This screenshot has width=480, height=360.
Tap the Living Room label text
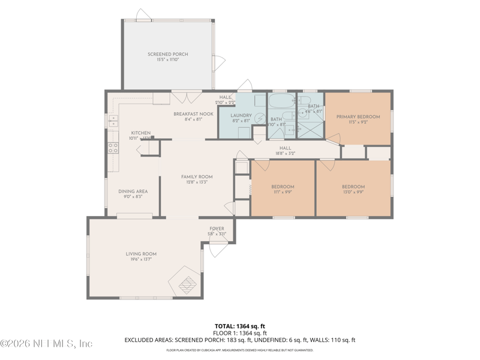click(x=141, y=254)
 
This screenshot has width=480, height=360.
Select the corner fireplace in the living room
click(x=187, y=281)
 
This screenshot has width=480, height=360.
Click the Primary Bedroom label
click(x=358, y=116)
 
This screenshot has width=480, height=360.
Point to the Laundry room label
click(x=241, y=115)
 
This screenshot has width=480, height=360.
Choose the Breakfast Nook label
click(x=193, y=113)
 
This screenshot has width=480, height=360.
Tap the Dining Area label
click(x=133, y=191)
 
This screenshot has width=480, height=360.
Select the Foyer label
click(x=217, y=229)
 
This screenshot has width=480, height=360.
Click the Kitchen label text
click(x=141, y=133)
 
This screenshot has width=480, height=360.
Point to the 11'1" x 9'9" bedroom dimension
click(x=282, y=192)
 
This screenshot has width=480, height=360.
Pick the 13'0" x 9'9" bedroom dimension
click(x=353, y=192)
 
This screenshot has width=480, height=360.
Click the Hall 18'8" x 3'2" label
click(x=285, y=154)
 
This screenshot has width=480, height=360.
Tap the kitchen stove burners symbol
click(x=113, y=148)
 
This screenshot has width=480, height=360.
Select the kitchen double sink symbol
click(x=113, y=122)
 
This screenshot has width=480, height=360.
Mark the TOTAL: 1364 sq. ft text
click(x=239, y=326)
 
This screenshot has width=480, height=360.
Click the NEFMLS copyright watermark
click(x=46, y=344)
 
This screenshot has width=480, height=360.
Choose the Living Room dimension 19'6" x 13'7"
click(x=141, y=259)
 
